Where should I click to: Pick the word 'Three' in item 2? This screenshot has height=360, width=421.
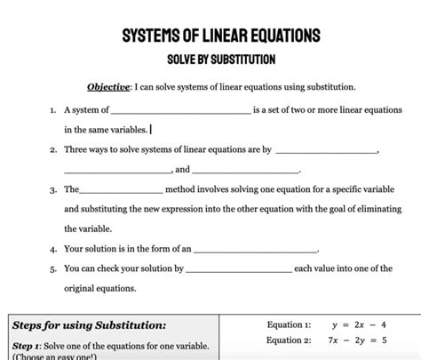coord(77,150)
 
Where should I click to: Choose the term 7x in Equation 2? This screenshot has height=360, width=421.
coord(334,340)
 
